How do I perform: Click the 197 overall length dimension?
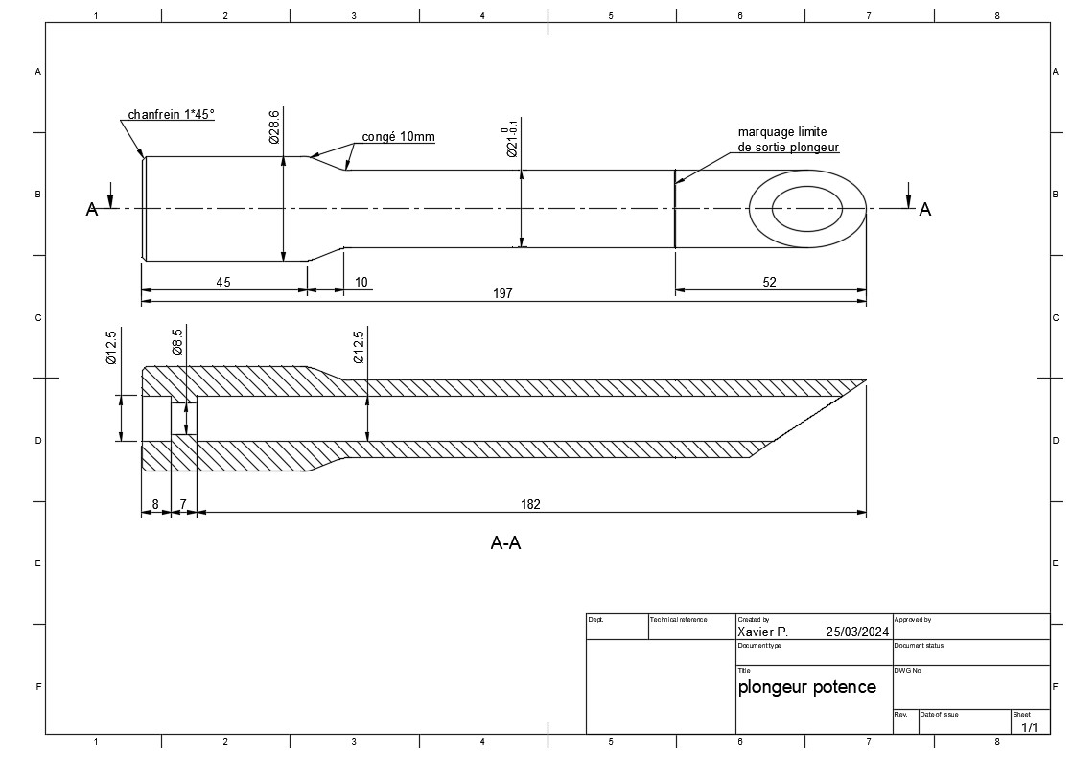click(502, 293)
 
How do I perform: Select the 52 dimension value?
click(769, 282)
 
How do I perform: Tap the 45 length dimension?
click(223, 282)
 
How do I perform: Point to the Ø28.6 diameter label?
click(274, 126)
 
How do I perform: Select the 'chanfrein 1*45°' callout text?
click(171, 114)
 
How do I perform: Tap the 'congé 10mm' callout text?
click(398, 137)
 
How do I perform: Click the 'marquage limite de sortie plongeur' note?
click(788, 140)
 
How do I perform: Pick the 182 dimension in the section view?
click(530, 504)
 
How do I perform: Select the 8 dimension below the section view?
click(155, 504)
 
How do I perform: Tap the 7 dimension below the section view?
click(183, 504)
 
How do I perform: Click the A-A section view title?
click(506, 542)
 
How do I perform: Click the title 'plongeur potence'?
click(806, 687)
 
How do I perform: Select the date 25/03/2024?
click(857, 632)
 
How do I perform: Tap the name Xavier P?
click(762, 632)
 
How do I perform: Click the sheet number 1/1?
click(1029, 727)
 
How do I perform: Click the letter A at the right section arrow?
click(925, 209)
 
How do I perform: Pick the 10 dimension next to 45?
click(361, 282)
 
